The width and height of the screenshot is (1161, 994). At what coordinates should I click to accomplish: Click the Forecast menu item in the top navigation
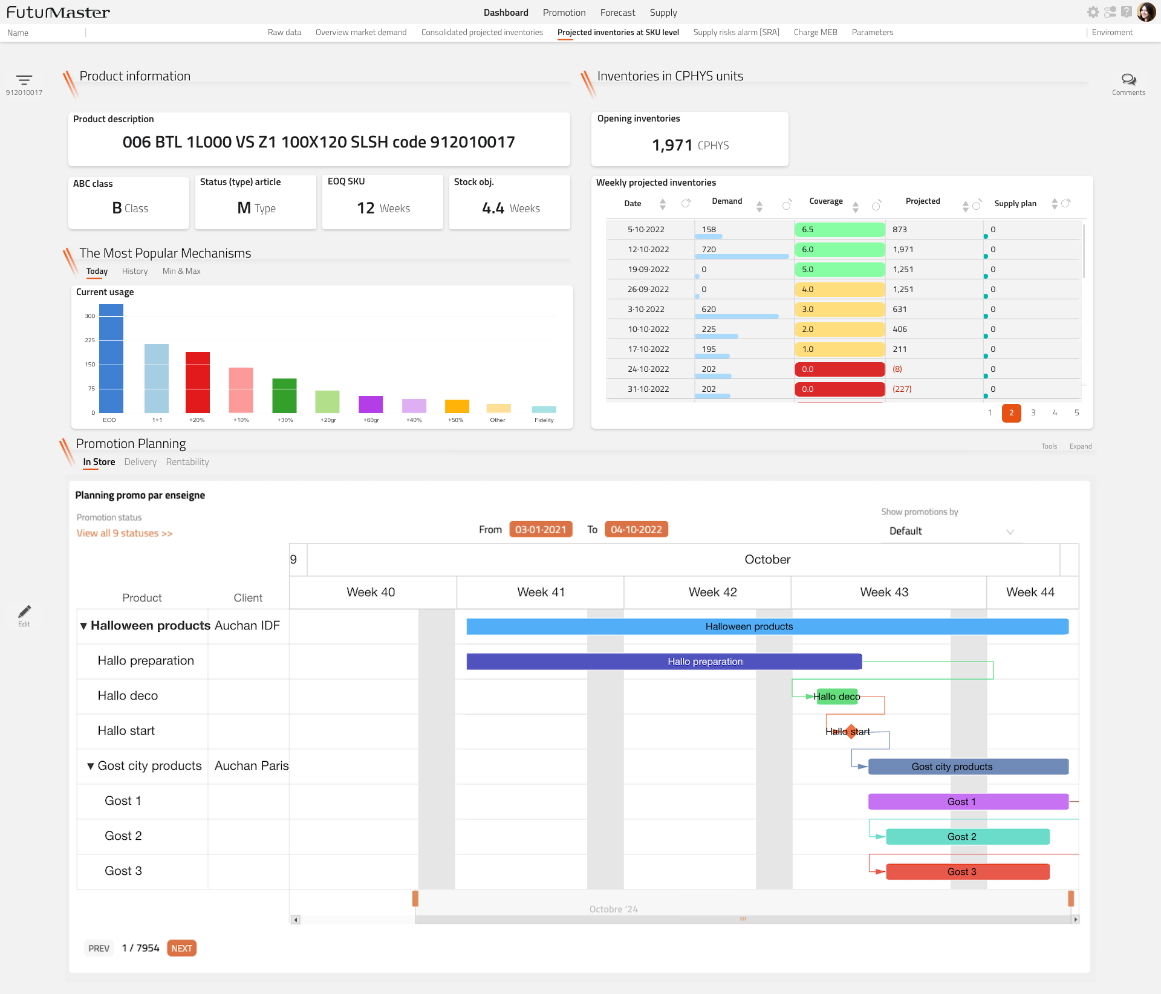click(617, 13)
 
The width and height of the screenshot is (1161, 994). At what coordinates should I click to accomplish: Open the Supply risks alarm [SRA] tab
click(736, 33)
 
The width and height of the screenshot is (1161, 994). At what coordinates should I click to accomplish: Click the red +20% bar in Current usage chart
click(197, 382)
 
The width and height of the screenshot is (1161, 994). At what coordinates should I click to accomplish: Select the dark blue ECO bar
click(111, 358)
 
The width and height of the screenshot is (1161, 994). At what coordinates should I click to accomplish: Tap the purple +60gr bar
click(371, 404)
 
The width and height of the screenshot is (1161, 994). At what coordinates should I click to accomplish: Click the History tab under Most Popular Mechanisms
click(135, 271)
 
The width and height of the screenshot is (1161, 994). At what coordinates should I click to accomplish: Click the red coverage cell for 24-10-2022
click(839, 369)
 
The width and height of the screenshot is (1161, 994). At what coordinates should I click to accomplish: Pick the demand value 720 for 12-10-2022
click(709, 250)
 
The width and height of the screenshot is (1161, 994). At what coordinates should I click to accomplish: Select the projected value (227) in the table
click(902, 389)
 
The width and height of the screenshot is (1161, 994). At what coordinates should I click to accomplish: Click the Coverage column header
click(825, 201)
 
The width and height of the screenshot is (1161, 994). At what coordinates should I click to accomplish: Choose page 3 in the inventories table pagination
click(1033, 413)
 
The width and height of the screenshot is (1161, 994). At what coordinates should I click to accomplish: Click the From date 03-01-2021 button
click(541, 530)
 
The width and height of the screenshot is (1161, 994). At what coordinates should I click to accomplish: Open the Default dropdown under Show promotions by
click(950, 531)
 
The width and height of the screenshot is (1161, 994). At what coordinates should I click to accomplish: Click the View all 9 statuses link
click(124, 533)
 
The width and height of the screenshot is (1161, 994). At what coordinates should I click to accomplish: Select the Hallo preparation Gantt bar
click(663, 661)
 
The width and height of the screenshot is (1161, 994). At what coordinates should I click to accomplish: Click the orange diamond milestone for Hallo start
click(851, 732)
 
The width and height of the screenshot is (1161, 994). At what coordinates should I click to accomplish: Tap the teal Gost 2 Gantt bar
click(968, 837)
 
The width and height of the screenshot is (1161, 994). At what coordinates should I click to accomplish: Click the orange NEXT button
click(181, 948)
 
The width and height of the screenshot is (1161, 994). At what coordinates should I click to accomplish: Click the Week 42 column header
click(712, 593)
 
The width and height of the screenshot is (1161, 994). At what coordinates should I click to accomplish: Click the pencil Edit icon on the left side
click(24, 612)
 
